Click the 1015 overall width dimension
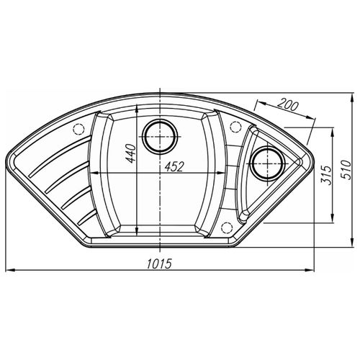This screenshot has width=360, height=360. pos(159,264)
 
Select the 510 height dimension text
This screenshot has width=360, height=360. pos(346,170)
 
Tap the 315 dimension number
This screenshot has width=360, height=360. pos(327,174)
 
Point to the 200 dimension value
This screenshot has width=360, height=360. pos(287,106)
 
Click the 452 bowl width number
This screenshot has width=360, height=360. pos(174,166)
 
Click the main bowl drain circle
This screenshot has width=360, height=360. pos(160,137)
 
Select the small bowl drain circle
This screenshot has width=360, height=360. pos(266,163)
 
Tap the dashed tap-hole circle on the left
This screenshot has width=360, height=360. pos(78,130)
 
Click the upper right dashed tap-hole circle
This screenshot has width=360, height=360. pos(235,127)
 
